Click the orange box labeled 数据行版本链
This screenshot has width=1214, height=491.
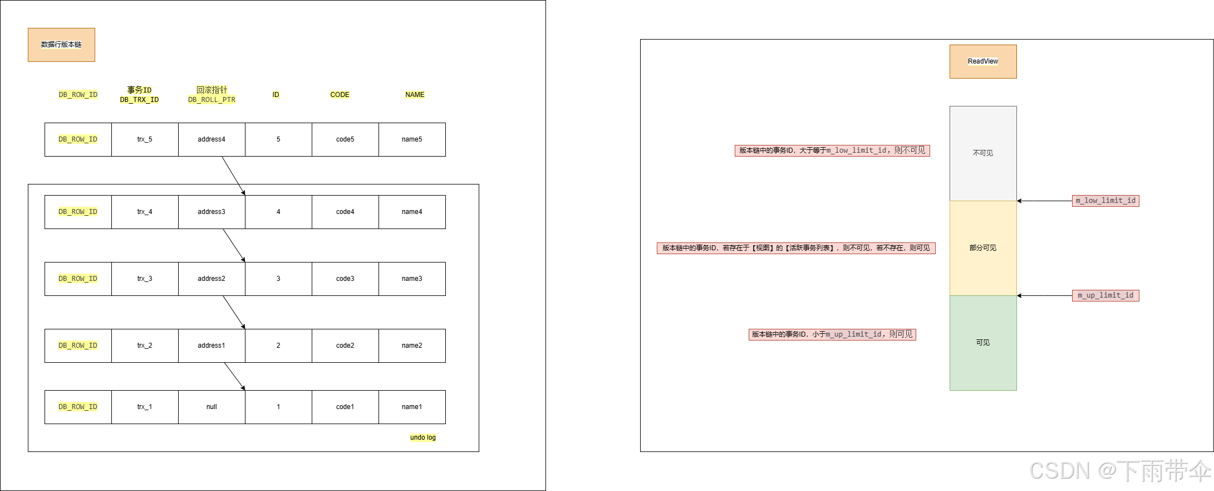[x=61, y=45]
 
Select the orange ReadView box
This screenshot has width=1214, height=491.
[x=982, y=61]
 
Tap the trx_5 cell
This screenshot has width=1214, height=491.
[x=145, y=139]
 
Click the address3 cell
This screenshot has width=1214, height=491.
[x=212, y=212]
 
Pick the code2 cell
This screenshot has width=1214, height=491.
[x=345, y=346]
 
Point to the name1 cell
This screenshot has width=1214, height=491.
[x=412, y=407]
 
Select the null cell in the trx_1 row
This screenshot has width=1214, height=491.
[x=212, y=407]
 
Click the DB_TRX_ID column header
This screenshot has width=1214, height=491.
[x=139, y=95]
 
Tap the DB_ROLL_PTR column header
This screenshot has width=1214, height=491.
[x=212, y=95]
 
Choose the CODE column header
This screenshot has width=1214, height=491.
[x=340, y=95]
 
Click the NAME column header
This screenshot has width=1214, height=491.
[x=415, y=95]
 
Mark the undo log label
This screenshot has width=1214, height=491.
[x=423, y=437]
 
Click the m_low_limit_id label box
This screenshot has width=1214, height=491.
[x=1105, y=201]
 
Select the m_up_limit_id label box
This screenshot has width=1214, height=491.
[x=1105, y=295]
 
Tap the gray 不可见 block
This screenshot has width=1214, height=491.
[x=982, y=153]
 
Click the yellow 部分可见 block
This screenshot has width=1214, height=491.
[x=982, y=248]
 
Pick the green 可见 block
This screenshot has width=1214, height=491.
[x=982, y=343]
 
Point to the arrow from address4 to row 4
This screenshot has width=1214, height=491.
[x=234, y=176]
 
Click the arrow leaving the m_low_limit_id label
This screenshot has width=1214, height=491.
[x=1044, y=201]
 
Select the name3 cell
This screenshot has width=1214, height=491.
[x=412, y=279]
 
